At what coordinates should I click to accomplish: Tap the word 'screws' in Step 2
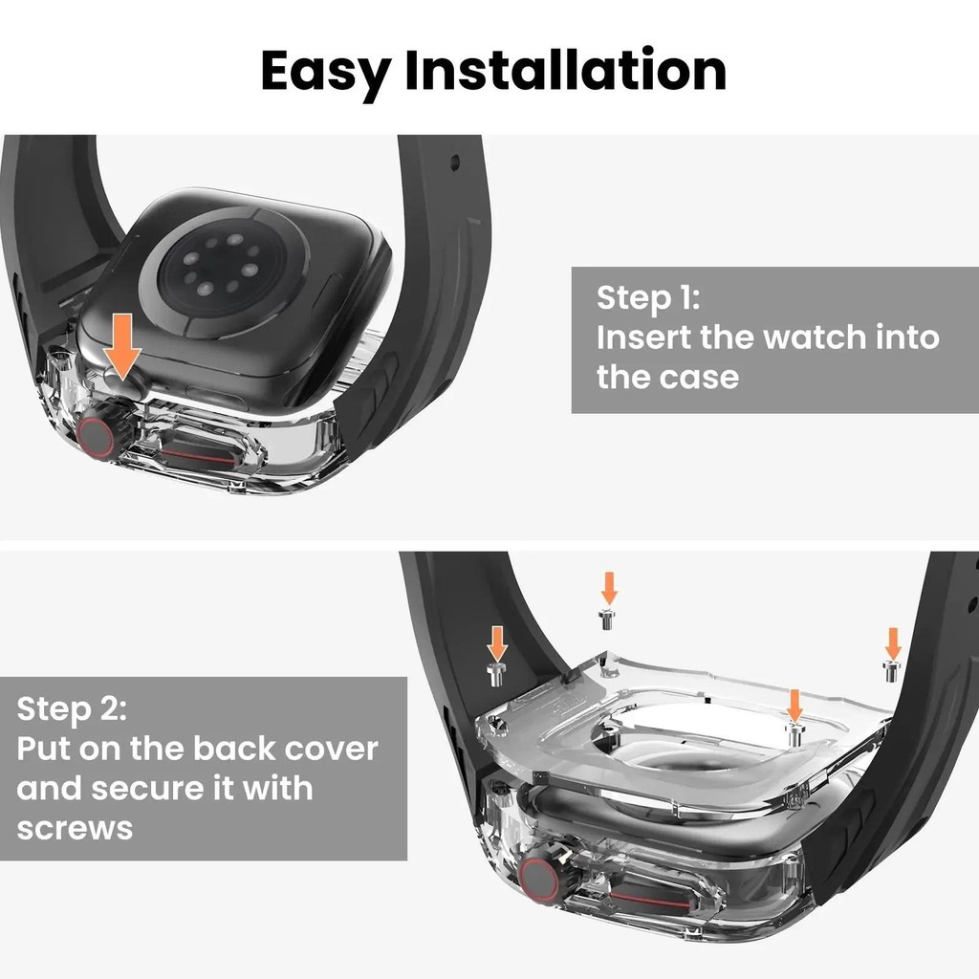75,827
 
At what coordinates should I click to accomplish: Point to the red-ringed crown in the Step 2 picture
542,878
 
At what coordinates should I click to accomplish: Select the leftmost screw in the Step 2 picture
496,674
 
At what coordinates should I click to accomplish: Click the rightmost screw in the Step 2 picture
891,671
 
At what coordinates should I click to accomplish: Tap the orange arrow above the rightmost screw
893,642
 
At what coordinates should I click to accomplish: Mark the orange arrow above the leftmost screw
496,642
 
